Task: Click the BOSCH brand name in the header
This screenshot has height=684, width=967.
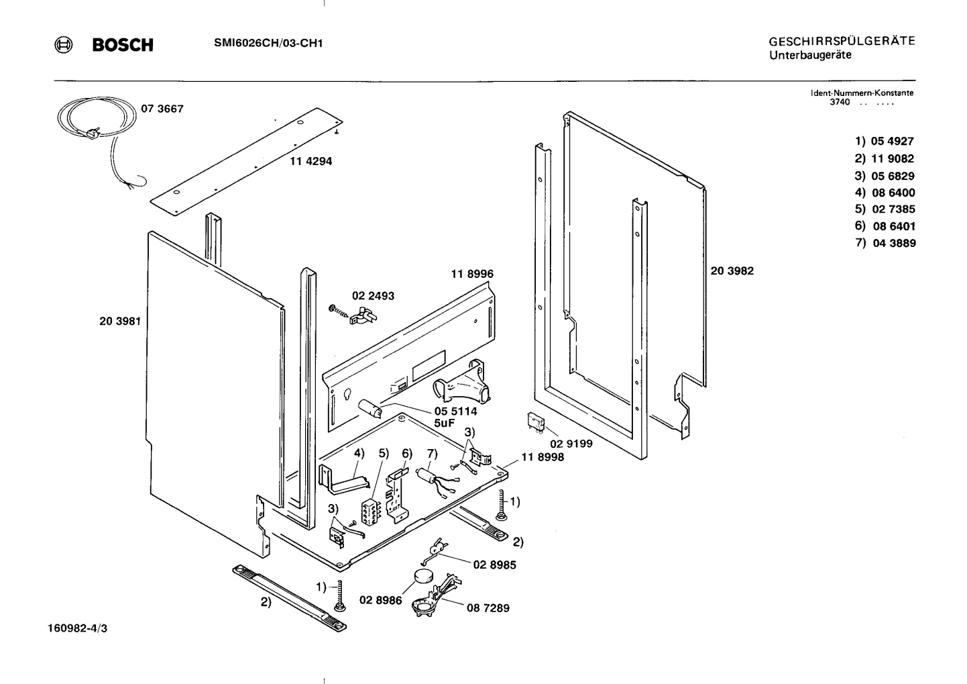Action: (123, 45)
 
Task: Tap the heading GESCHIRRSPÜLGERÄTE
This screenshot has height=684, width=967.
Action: (842, 41)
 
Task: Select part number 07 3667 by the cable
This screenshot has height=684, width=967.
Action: (162, 109)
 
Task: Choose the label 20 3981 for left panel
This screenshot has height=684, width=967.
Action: (120, 321)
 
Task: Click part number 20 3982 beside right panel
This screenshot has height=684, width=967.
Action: (732, 271)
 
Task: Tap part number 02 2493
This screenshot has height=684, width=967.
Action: (373, 295)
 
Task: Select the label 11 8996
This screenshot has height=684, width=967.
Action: (472, 274)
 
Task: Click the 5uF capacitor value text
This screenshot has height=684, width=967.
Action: (445, 424)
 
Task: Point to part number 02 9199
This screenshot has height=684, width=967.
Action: (571, 444)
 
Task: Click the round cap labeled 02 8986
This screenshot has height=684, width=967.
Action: (423, 575)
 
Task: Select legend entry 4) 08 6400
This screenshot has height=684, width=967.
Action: (885, 193)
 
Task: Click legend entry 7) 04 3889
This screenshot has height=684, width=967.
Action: (885, 243)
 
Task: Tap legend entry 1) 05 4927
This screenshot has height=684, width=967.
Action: (885, 141)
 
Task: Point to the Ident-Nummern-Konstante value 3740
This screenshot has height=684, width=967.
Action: (840, 102)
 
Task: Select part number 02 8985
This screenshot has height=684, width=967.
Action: (494, 565)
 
